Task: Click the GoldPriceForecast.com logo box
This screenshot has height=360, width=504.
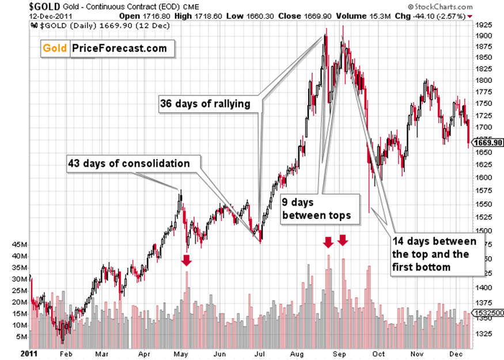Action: tap(107, 49)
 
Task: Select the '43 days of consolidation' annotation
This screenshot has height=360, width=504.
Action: tap(128, 164)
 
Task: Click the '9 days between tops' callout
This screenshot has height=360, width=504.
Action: tap(320, 209)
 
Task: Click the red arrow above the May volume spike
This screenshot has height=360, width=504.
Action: tap(186, 260)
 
